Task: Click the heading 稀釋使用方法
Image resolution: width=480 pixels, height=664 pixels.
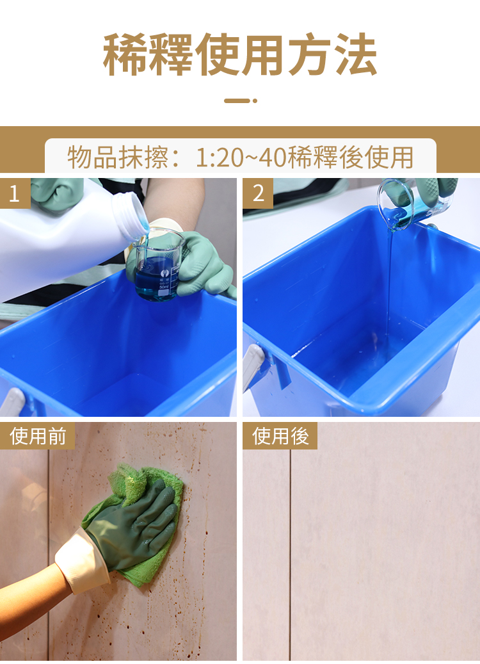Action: [239, 54]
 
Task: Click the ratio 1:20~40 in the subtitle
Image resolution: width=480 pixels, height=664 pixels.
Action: [241, 157]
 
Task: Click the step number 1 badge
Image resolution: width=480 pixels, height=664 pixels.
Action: [15, 193]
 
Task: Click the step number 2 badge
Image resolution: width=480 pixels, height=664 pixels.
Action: [258, 193]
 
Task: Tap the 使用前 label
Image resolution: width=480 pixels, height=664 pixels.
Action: [37, 436]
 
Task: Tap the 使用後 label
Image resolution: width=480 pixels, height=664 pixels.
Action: [280, 436]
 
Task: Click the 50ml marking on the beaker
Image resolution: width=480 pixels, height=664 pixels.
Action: [164, 287]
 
